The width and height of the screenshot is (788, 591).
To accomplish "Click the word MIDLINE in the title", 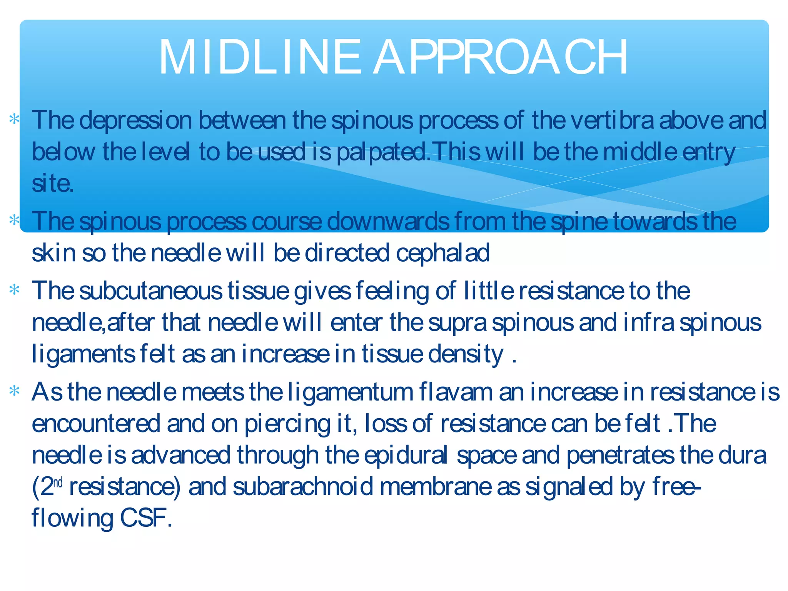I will click(260, 58).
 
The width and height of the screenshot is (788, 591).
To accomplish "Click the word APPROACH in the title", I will click(500, 58).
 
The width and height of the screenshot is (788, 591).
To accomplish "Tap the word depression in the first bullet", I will click(135, 120).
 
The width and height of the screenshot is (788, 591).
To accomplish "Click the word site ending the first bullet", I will click(52, 184).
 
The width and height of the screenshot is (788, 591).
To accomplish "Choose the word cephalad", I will click(442, 253).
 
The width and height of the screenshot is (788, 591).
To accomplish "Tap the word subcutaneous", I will click(151, 291).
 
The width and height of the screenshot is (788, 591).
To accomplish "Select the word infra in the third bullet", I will click(648, 322).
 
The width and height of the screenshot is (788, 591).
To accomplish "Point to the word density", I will click(466, 354).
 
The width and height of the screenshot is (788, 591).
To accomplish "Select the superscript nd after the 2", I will click(58, 482).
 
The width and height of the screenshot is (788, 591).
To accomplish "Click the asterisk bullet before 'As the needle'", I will click(15, 392).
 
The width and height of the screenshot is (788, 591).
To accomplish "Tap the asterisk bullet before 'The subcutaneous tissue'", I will click(15, 290).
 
